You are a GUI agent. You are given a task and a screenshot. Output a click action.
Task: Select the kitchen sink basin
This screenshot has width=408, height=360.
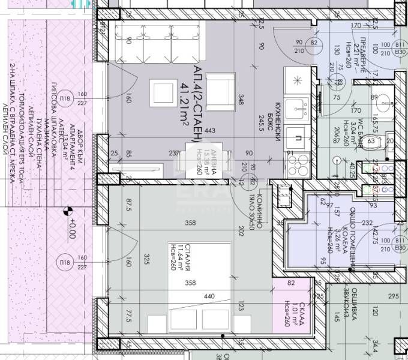(x=295, y=108)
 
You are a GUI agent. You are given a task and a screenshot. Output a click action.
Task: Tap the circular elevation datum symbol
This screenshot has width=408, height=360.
(x=68, y=211)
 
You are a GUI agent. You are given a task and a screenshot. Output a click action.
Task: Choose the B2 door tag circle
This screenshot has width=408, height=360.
(x=314, y=43)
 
